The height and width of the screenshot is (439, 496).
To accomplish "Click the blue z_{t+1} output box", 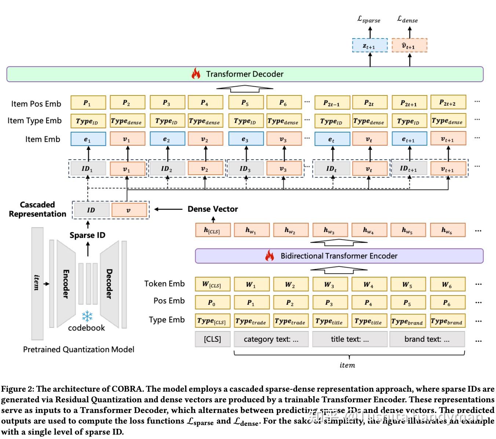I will (369, 46).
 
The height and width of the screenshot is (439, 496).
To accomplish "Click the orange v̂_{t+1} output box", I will (409, 46).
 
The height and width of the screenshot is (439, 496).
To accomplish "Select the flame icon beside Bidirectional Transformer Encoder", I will (270, 255).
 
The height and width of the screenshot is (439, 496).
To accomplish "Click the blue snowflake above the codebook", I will (87, 316).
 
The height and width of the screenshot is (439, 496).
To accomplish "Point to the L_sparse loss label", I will (369, 19).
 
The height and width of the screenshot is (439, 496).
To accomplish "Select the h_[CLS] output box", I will (212, 230).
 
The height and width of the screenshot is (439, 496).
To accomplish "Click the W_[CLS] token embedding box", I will (212, 284).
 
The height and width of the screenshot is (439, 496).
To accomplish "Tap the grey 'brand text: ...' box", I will (427, 339).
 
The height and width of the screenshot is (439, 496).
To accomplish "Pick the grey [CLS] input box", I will (212, 339).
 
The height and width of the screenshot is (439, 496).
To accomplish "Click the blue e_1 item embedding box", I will (88, 139).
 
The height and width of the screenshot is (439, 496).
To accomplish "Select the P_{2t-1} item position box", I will (331, 103).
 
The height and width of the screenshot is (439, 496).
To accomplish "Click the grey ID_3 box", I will (245, 168).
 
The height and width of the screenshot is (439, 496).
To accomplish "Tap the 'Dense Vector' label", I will (212, 209).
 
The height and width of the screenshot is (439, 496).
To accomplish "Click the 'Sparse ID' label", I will (87, 235).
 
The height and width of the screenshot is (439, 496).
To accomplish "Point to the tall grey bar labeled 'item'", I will (37, 283).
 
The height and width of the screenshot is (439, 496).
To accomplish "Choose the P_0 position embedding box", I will (212, 303).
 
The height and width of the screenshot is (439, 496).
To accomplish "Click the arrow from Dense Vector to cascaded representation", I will (168, 209).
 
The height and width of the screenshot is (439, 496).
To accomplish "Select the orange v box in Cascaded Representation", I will (129, 210).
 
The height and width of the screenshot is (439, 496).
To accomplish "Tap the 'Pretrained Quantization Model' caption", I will (79, 349).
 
